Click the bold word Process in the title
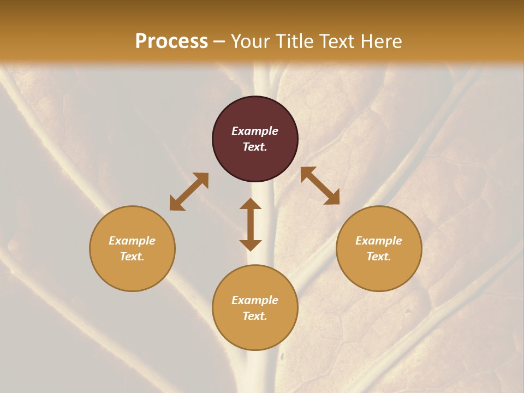(x=171, y=41)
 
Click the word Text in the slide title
(x=337, y=41)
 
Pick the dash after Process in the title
(x=219, y=42)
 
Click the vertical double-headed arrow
(x=251, y=224)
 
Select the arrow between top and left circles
(x=189, y=192)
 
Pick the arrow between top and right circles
(x=320, y=186)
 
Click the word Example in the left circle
(x=132, y=241)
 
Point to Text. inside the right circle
(x=379, y=257)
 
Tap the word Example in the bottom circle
(x=255, y=300)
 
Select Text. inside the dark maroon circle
(x=255, y=147)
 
